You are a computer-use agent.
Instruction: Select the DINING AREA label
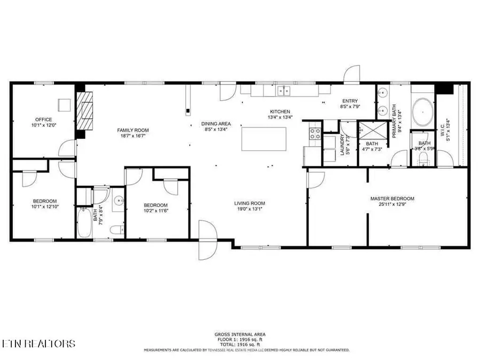pyautogui.click(x=216, y=124)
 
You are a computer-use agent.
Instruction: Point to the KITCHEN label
pyautogui.click(x=279, y=111)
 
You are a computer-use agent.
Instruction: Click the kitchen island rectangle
pyautogui.click(x=264, y=140)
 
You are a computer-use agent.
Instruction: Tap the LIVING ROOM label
pyautogui.click(x=250, y=203)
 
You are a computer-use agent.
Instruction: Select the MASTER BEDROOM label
pyautogui.click(x=392, y=199)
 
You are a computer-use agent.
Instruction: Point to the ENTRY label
pyautogui.click(x=350, y=101)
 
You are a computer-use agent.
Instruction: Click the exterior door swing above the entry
pyautogui.click(x=352, y=75)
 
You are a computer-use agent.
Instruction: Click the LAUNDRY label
pyautogui.click(x=342, y=144)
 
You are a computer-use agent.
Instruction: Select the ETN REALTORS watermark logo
pyautogui.click(x=38, y=343)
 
